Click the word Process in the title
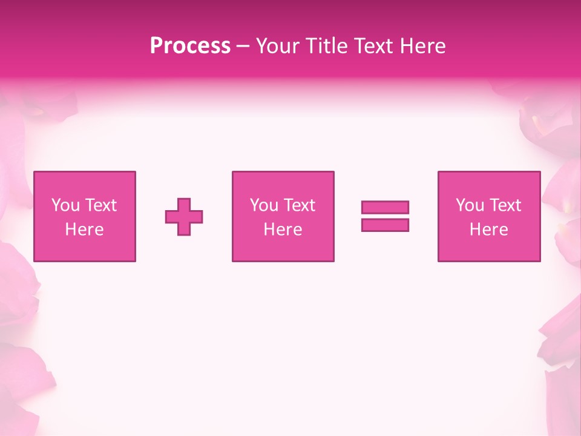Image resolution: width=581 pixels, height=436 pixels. coord(190,46)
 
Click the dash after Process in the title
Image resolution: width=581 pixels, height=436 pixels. coord(243,47)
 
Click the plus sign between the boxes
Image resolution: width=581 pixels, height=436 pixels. coord(184,217)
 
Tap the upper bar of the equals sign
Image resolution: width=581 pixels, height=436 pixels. coord(385,207)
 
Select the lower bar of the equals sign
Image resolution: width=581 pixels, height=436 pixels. coord(385,225)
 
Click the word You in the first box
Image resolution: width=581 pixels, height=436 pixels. coord(65,205)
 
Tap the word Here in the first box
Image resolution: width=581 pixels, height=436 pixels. coord(84,230)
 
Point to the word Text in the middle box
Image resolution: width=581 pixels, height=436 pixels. coord(299,205)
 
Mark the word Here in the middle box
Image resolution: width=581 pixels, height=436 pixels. coord(283,230)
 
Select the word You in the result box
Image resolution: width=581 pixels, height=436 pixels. coord(470,205)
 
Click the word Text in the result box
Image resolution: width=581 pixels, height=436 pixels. coord(505,205)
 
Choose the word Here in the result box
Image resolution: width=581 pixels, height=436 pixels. coord(488,230)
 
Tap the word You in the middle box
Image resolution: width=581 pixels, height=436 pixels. coord(264,205)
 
